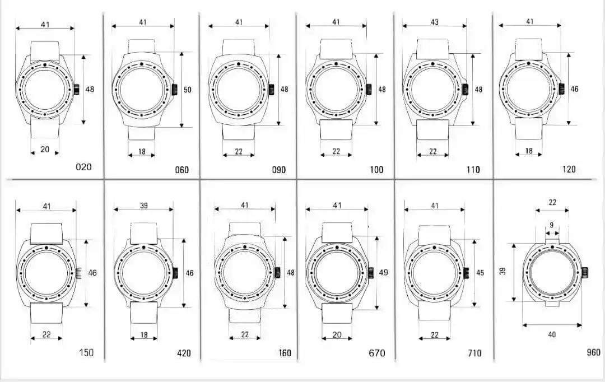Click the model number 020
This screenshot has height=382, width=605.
pos(83,167)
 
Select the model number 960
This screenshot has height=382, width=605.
pos(593,352)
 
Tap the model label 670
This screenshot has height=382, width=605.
pos(376,353)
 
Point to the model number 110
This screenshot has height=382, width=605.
pos(473,170)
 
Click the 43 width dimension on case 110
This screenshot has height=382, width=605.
pos(435,22)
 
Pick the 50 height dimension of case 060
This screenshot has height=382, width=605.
pos(187,90)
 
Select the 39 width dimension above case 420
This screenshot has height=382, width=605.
pos(143,205)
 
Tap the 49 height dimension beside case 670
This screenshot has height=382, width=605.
pos(383,272)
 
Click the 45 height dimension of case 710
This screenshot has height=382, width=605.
pos(480,273)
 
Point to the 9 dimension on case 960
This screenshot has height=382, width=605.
pos(552,225)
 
